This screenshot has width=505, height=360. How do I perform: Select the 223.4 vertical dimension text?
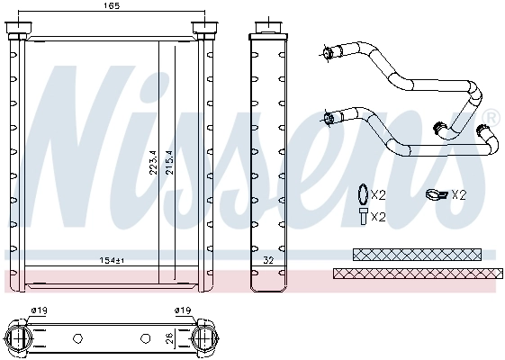153,161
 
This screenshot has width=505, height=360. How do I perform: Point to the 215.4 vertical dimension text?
168,161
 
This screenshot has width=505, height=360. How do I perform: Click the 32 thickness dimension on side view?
267,260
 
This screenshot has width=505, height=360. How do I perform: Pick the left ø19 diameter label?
39,311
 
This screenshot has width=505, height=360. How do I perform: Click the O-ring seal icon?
360,193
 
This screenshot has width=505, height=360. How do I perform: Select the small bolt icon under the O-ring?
360,216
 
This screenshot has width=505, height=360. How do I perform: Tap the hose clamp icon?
436,193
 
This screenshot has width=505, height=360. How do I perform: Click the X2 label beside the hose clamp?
459,193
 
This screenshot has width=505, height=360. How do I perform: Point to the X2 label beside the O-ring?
379,193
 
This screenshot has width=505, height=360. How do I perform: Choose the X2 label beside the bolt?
379,217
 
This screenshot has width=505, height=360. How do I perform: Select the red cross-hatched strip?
414,273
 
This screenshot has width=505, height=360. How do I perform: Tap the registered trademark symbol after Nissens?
491,117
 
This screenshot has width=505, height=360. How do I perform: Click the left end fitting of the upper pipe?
329,50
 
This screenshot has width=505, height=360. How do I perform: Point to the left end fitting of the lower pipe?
331,116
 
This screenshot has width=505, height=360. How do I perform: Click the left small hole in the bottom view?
77,339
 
